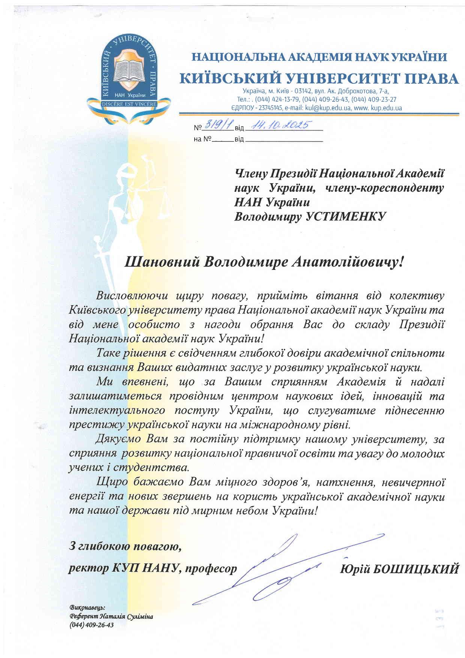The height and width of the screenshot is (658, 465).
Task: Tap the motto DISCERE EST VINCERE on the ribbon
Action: pos(129,104)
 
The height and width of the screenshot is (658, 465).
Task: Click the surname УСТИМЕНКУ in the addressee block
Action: pos(346,217)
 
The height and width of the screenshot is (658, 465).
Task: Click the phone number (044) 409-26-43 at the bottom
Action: pos(91,625)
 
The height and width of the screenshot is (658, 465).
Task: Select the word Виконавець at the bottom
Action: pos(87,607)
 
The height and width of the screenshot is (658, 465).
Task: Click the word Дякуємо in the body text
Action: pos(118,439)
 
